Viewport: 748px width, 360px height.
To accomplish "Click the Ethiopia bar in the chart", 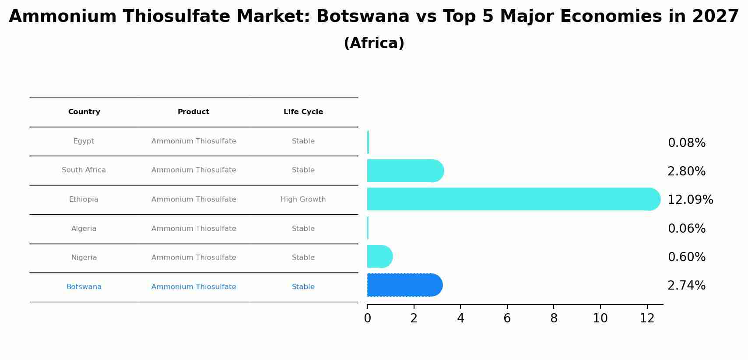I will [x=512, y=199].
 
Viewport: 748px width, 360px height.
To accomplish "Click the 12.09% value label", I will [x=690, y=200].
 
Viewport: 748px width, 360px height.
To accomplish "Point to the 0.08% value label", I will [x=686, y=143].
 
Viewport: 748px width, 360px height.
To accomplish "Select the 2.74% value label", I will [x=686, y=286].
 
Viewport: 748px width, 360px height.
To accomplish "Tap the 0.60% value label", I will [x=686, y=257].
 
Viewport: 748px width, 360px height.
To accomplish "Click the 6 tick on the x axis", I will [x=507, y=318].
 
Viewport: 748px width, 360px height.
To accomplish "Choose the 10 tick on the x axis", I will [x=600, y=318].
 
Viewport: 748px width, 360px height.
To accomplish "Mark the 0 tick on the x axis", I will [x=367, y=318].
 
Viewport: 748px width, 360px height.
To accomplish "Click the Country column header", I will [x=84, y=112].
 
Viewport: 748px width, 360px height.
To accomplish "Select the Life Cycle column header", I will [x=303, y=112].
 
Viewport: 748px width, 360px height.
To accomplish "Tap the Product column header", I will [x=193, y=112].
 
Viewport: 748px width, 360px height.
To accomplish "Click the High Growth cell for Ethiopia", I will [x=303, y=199].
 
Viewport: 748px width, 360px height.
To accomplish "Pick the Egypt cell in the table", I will [x=84, y=141].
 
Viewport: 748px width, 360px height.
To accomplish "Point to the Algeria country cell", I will [x=84, y=229].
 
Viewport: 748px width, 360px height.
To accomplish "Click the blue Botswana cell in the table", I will [x=84, y=287].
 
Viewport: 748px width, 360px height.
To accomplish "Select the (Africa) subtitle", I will [x=374, y=43].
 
